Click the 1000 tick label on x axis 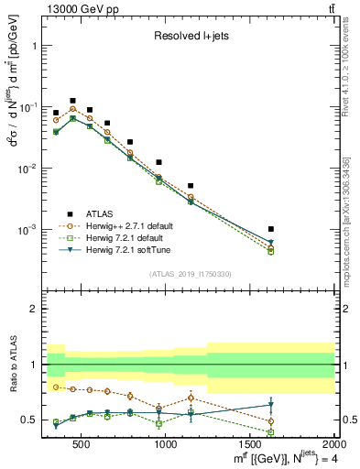coord(166,445)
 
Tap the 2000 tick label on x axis coord(331,445)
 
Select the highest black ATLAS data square coord(72,101)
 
